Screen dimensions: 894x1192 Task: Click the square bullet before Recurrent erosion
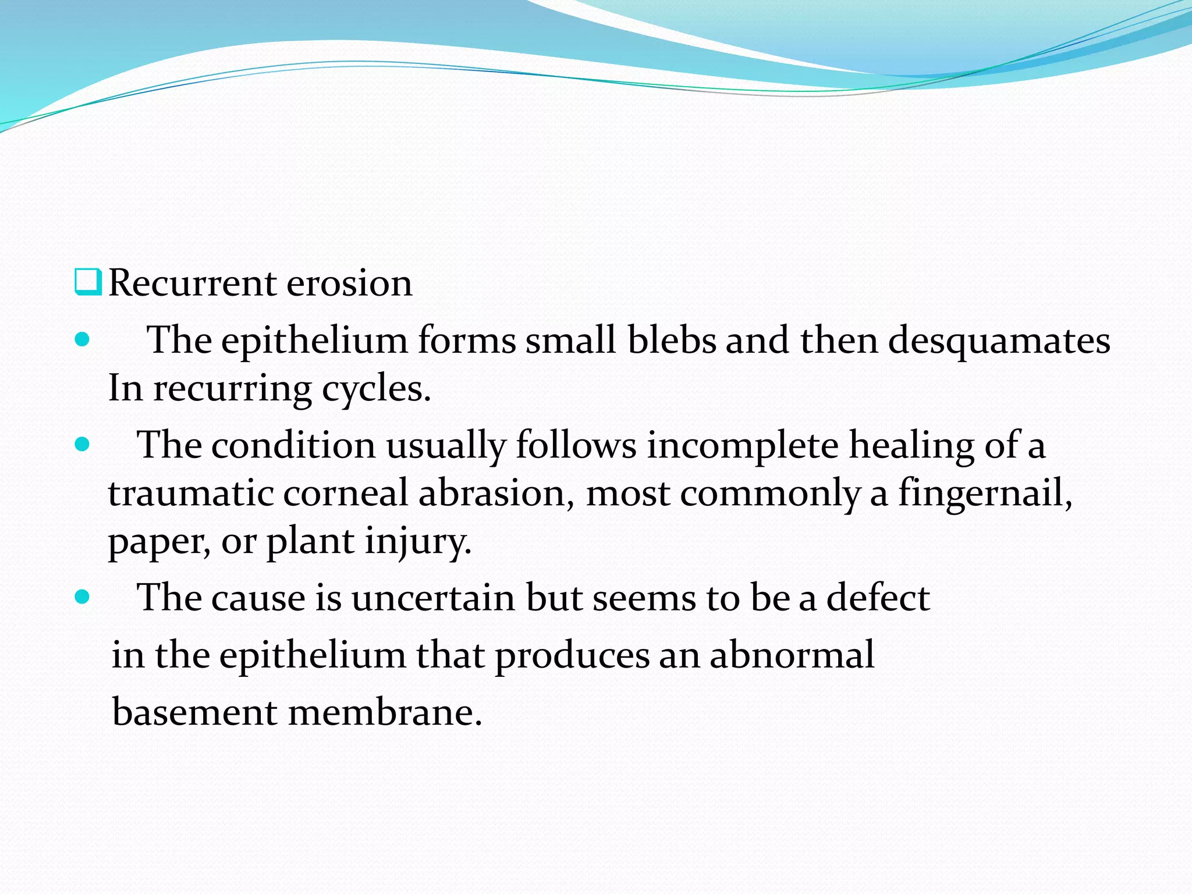tap(88, 282)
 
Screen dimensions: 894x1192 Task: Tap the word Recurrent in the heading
tap(192, 283)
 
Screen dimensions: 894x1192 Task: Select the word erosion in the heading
tap(349, 283)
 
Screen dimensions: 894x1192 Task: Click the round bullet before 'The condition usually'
tap(83, 445)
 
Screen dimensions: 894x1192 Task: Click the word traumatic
tap(191, 494)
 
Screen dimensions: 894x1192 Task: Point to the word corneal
tap(346, 494)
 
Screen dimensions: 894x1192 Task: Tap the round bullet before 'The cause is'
tap(83, 597)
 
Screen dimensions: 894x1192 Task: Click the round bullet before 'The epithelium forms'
tap(83, 339)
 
